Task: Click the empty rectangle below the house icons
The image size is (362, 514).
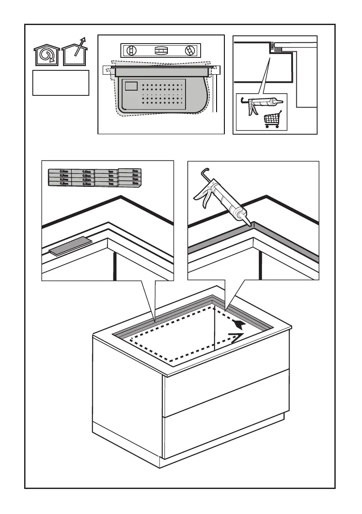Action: pyautogui.click(x=61, y=83)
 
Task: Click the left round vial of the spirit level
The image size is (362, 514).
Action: pyautogui.click(x=130, y=51)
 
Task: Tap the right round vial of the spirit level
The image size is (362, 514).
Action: pyautogui.click(x=189, y=51)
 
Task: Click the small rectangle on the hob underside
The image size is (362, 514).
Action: pyautogui.click(x=131, y=85)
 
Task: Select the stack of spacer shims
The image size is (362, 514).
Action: pyautogui.click(x=94, y=177)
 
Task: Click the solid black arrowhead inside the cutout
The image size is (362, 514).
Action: pyautogui.click(x=239, y=325)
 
